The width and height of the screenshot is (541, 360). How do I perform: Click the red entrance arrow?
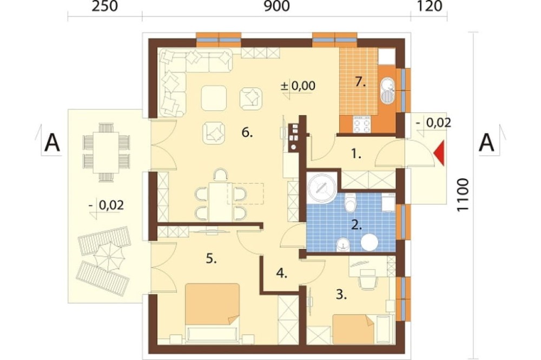pos(439,154)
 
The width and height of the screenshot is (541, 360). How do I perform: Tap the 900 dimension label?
pos(276,6)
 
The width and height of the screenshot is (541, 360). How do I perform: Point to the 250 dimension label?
pos(104,6)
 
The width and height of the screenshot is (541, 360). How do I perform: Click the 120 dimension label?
pos(430,6)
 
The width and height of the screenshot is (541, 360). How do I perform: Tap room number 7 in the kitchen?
pos(360,82)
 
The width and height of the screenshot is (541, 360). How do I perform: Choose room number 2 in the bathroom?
pos(357,226)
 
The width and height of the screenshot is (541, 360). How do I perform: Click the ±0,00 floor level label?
pos(298,85)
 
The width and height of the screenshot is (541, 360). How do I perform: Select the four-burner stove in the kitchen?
pos(361,124)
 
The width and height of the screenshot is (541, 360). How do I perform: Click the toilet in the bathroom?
pos(350,203)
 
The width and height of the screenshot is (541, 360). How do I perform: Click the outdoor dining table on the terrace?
pos(106,152)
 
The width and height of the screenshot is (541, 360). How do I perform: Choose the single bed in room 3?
pos(353,329)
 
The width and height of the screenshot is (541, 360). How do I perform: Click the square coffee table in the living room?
pos(214,98)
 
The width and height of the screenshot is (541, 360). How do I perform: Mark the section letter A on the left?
pos(52,143)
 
